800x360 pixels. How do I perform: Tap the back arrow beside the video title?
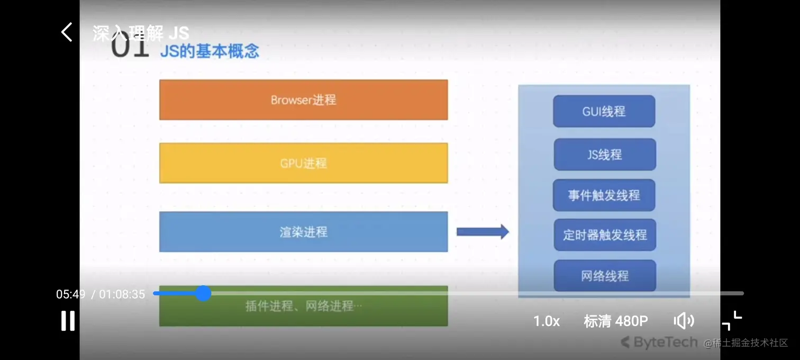click(x=67, y=32)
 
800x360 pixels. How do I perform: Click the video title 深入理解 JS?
click(x=141, y=33)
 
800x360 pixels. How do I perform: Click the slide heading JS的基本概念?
click(x=210, y=51)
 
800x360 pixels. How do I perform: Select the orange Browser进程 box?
click(x=303, y=100)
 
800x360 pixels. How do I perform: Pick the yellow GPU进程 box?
click(x=303, y=163)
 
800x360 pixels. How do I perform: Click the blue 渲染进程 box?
click(x=303, y=232)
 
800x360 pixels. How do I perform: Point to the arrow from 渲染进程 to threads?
click(x=482, y=231)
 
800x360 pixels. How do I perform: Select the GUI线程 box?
click(x=604, y=111)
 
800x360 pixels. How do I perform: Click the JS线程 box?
click(x=604, y=155)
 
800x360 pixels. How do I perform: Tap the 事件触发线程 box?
click(x=604, y=195)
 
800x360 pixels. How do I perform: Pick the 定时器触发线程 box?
click(x=604, y=235)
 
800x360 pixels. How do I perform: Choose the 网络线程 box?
click(x=604, y=276)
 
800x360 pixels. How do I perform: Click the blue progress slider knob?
click(x=203, y=293)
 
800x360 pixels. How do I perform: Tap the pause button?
click(x=68, y=321)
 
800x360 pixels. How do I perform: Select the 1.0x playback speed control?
click(x=546, y=321)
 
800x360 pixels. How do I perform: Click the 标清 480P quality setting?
click(x=615, y=321)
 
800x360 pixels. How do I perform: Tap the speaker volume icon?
click(x=684, y=321)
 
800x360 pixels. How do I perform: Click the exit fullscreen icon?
click(x=732, y=321)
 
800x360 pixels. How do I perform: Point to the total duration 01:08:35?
click(x=122, y=294)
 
